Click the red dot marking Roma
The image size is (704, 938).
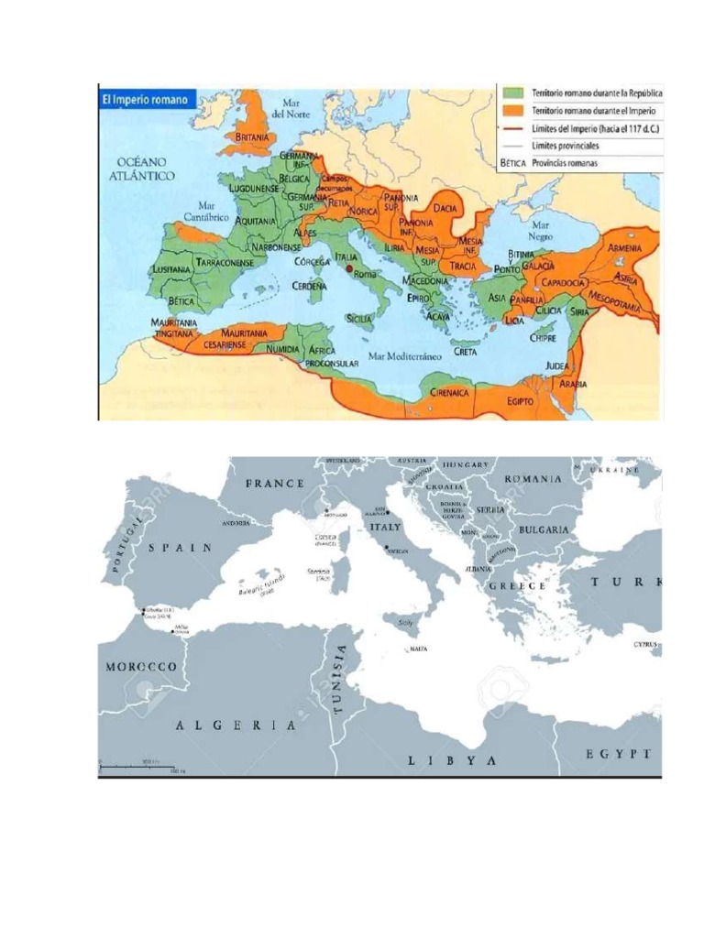tap(348, 270)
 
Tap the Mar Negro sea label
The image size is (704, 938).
tap(541, 229)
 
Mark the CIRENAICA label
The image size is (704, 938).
tap(450, 392)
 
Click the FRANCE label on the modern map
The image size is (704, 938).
tap(275, 483)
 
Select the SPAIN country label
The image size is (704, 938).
tap(181, 547)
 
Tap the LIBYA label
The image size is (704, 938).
tap(452, 760)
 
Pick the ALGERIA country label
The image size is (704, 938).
tap(236, 725)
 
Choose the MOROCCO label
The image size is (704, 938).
tap(140, 667)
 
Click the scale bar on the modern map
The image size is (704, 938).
tap(137, 765)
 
